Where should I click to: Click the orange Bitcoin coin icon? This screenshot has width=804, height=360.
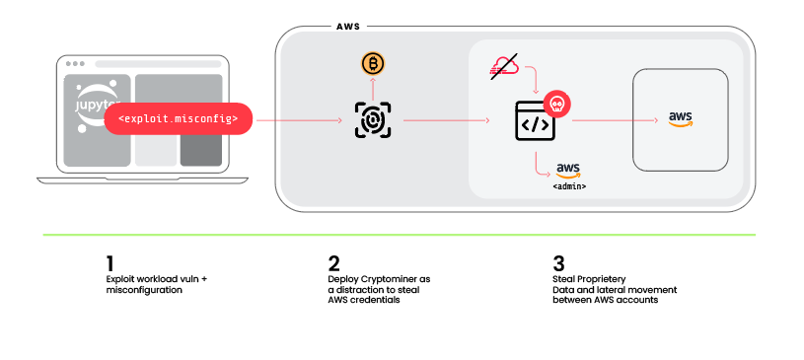tap(373, 64)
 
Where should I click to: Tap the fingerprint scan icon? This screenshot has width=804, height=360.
tap(373, 120)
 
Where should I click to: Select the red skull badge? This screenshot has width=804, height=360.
tap(556, 105)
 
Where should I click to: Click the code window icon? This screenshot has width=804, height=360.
tap(535, 121)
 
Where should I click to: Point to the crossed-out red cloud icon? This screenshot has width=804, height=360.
tap(504, 66)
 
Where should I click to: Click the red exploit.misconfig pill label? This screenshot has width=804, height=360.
tap(179, 119)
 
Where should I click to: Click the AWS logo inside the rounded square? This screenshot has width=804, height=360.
tap(680, 119)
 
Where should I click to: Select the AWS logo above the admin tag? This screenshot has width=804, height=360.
tap(568, 171)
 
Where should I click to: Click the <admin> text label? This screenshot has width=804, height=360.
tap(569, 186)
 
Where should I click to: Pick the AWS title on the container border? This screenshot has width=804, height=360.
tap(348, 27)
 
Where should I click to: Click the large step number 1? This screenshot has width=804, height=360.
tap(110, 264)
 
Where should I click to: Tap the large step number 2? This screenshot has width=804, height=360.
tap(333, 264)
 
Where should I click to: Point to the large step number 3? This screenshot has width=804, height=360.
tap(559, 264)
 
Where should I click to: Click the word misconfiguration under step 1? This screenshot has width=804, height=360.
tap(144, 290)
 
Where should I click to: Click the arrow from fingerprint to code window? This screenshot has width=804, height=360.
tap(447, 120)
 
